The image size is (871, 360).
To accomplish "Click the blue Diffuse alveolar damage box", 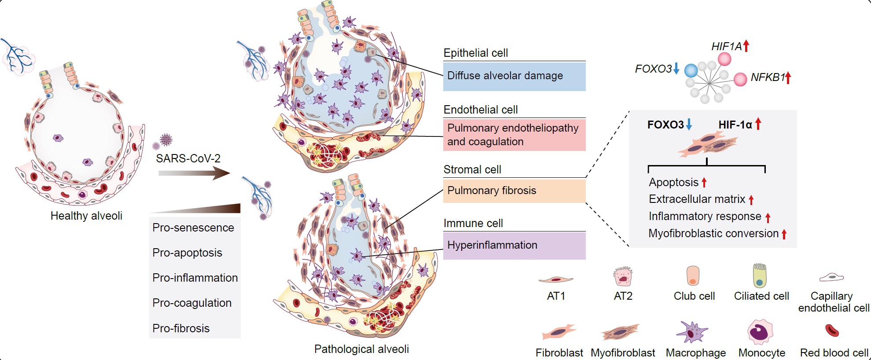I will coord(514,76).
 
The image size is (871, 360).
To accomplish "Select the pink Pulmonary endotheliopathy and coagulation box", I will coord(514,135).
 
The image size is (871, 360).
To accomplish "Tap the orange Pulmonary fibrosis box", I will coord(514,191).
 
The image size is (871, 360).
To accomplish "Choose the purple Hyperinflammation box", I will coord(514,245).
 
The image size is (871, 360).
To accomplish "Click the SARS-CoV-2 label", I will coord(188,158).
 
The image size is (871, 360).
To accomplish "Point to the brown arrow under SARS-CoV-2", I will coord(194,173).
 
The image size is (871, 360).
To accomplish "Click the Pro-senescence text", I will coord(193,228).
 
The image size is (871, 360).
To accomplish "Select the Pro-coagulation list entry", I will coord(192,303).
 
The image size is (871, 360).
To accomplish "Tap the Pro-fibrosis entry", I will coord(181,328).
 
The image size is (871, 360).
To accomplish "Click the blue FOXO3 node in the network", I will coord(691,70).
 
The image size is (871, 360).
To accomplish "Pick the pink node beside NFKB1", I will coord(740,79).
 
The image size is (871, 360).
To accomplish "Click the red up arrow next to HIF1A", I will coord(746,45).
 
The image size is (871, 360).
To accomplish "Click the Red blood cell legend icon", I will coord(832,330).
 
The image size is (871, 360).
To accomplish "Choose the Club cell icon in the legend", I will coord(693,276).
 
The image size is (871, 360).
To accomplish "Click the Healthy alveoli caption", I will coord(86,216).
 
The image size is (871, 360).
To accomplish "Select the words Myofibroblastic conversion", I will coord(713,234).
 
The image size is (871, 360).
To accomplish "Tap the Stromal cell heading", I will coord(472,169).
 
